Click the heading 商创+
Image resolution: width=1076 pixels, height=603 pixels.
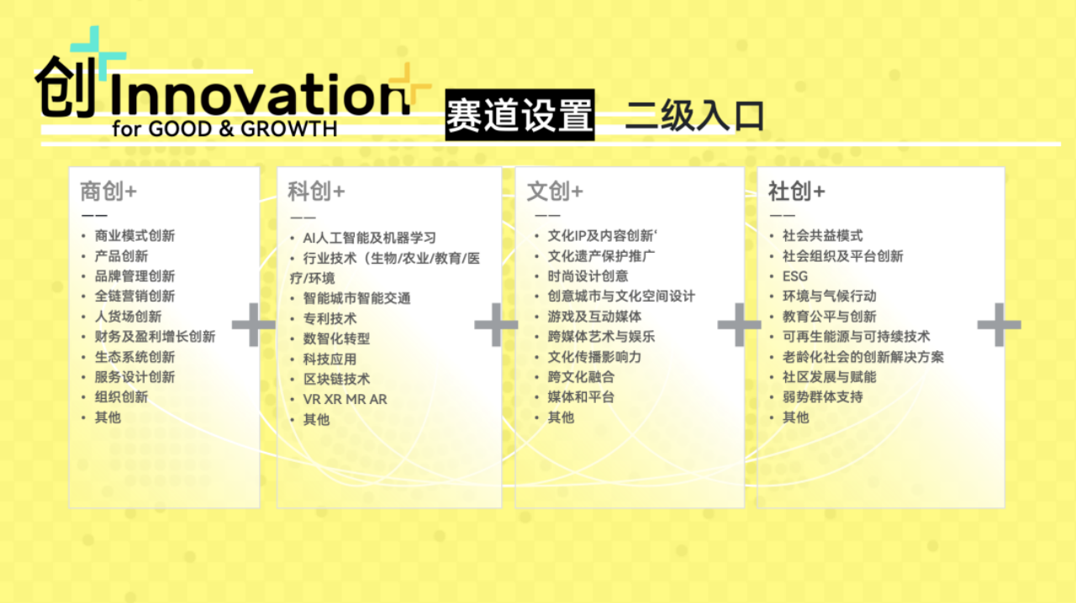coord(108,191)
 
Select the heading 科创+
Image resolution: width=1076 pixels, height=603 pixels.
coord(316,191)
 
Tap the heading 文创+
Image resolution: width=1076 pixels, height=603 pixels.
coord(555,191)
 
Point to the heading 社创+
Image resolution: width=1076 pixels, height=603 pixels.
coord(796,191)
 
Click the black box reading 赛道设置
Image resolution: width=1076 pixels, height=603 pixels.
coord(520,115)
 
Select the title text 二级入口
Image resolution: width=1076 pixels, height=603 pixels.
coord(694,116)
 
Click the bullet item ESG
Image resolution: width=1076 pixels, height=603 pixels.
coord(795,276)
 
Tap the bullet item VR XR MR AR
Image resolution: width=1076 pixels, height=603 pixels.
coord(345,399)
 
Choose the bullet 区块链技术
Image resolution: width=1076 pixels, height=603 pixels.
coord(336,379)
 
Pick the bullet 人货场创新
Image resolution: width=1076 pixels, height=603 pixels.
coord(128,317)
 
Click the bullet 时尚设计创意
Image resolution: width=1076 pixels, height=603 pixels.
coord(588,276)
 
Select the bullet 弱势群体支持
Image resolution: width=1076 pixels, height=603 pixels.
coord(822,397)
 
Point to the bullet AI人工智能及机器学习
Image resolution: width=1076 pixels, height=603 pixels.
coord(369,238)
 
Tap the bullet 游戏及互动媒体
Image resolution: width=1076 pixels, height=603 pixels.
coord(594,317)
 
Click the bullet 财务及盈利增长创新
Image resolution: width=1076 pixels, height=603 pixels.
coord(155,337)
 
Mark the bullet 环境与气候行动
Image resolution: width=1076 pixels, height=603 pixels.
coord(829,296)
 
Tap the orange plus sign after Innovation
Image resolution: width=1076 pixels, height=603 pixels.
coord(409,84)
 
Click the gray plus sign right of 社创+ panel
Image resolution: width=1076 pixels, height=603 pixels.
coord(1000,324)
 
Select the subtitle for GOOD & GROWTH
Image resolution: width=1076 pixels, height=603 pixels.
coord(224,128)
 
